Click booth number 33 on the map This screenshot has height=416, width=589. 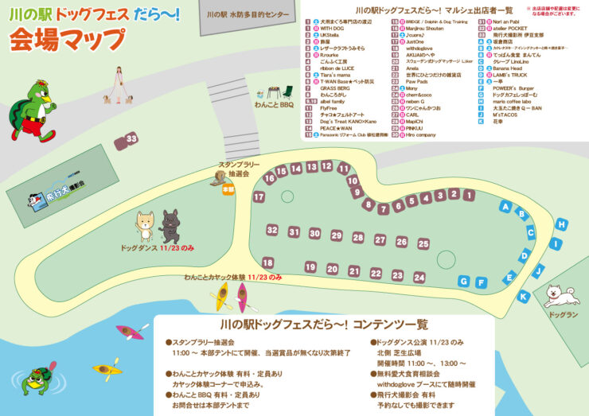click(131, 139)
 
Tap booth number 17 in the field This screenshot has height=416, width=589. click(259, 196)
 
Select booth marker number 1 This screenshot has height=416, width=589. click(454, 193)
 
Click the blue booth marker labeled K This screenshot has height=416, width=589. click(523, 297)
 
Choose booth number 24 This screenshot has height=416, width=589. click(419, 278)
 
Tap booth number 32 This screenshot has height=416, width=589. click(272, 231)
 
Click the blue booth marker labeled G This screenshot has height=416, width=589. click(464, 281)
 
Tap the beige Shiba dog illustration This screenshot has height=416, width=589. click(145, 226)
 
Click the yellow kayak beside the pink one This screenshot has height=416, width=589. click(220, 296)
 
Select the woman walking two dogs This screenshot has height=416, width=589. click(119, 86)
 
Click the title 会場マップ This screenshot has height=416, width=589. click(68, 39)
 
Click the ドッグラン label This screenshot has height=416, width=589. click(562, 315)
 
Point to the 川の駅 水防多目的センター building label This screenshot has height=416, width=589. click(247, 14)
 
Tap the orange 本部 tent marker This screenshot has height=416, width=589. click(228, 189)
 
